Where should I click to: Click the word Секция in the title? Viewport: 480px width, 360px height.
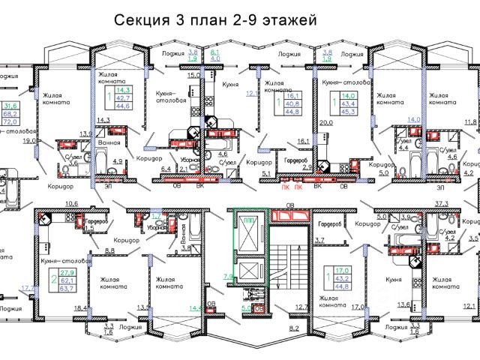click(139, 22)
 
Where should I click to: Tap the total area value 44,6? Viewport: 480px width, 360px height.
click(121, 106)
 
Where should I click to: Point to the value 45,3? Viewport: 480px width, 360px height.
click(349, 113)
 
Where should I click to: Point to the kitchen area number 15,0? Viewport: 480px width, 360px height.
click(193, 76)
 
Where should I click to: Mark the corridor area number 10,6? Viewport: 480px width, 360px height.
click(72, 203)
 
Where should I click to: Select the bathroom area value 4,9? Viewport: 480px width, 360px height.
click(118, 161)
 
